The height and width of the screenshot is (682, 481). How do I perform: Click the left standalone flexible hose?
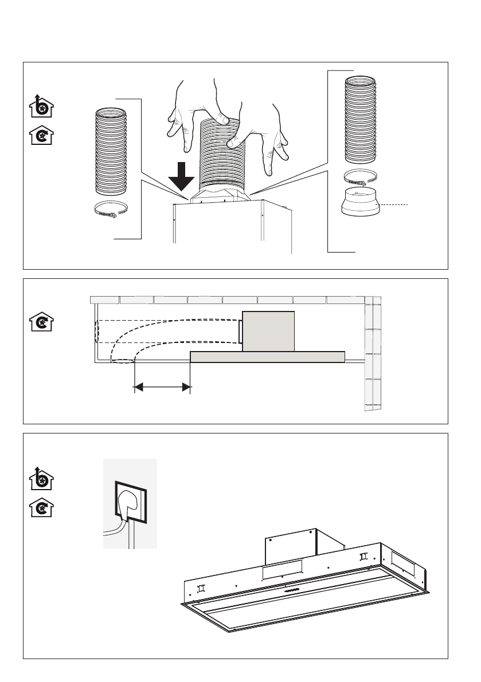111,150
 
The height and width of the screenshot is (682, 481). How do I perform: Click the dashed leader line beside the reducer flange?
395,204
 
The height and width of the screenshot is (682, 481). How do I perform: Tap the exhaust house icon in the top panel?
41,107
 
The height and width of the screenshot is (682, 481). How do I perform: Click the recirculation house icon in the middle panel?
41,322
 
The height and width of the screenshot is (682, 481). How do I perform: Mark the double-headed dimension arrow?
162,388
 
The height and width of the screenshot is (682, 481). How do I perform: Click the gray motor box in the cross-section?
268,332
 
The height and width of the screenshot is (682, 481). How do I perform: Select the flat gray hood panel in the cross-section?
267,357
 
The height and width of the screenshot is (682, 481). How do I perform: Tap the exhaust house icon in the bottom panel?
41,479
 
